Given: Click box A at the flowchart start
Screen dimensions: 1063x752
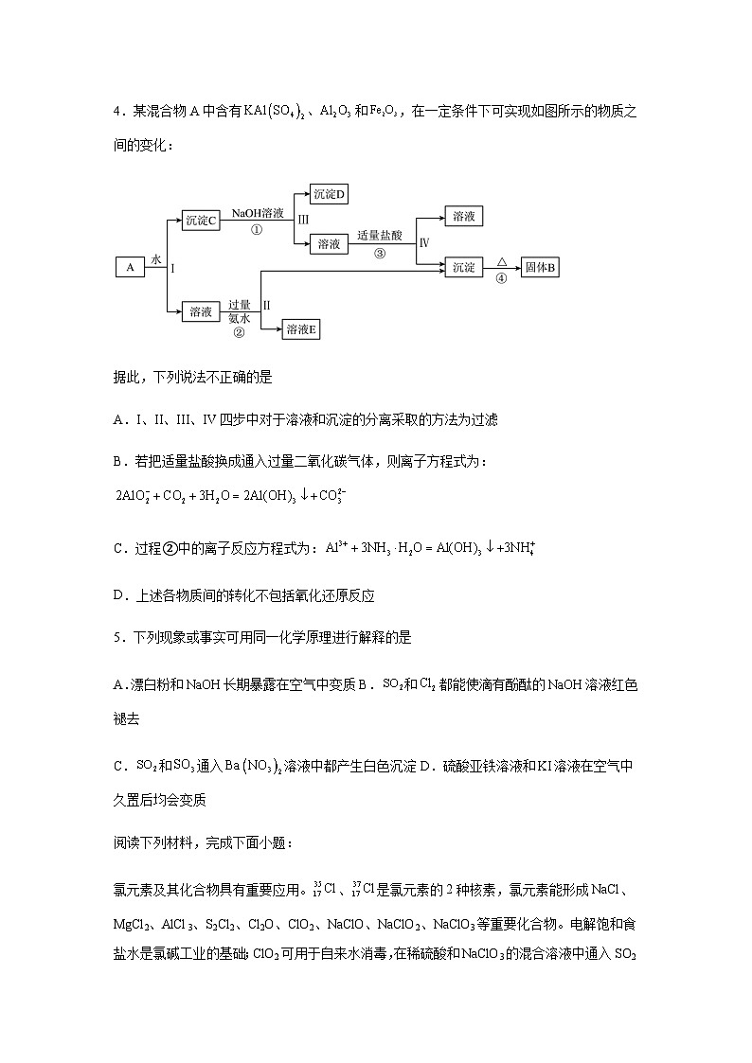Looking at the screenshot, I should (129, 268).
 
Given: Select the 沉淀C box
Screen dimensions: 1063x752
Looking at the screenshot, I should (201, 221).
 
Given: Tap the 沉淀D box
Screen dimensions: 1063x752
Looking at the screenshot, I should (330, 195).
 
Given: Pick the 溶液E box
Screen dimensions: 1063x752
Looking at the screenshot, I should (303, 329).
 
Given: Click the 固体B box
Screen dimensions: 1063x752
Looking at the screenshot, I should (541, 268).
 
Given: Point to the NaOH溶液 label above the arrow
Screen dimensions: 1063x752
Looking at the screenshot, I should (257, 214).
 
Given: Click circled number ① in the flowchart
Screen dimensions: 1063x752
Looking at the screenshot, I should (256, 230).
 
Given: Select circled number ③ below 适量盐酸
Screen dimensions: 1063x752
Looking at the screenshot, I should (380, 253).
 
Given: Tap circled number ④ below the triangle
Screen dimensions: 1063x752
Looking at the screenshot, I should (501, 278).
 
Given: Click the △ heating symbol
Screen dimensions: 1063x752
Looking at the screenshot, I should (502, 258).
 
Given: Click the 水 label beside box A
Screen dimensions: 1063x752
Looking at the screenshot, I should (156, 258).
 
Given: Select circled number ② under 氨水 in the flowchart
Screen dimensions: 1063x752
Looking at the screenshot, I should (239, 332).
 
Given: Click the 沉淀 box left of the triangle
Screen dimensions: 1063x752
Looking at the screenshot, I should (463, 268).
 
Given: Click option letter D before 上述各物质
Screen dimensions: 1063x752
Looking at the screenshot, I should (118, 595).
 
